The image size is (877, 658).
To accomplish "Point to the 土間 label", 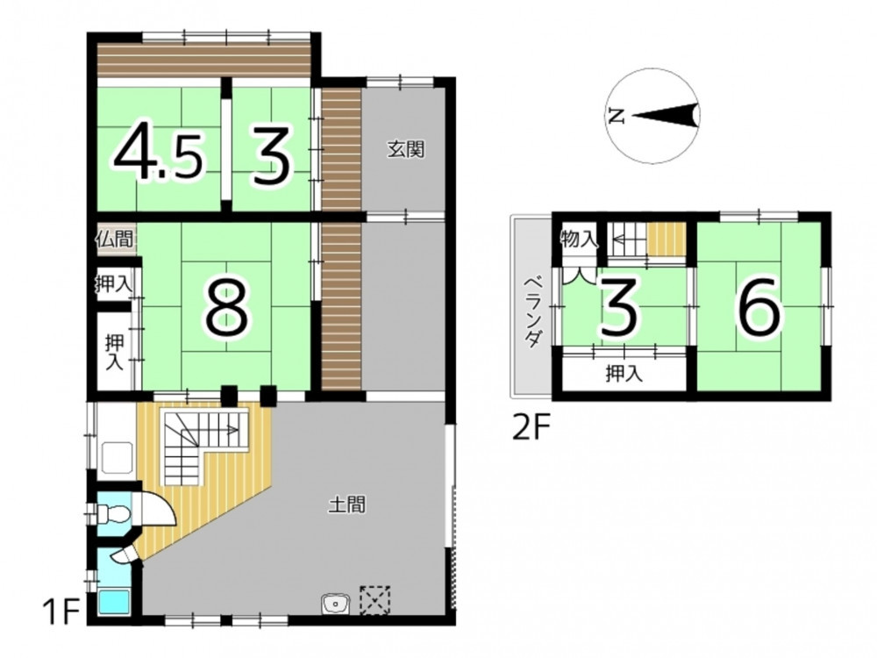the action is pyautogui.click(x=347, y=504).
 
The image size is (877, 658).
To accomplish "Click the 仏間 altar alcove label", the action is pyautogui.click(x=115, y=240).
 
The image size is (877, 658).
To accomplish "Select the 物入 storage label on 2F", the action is pyautogui.click(x=579, y=240).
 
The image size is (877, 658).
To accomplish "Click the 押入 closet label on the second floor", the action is pyautogui.click(x=624, y=374).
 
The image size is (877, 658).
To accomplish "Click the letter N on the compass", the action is pyautogui.click(x=617, y=117).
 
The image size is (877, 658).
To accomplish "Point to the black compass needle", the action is pyautogui.click(x=666, y=117).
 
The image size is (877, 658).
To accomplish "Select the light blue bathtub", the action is pyautogui.click(x=115, y=602).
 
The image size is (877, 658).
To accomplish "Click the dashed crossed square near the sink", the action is pyautogui.click(x=374, y=600).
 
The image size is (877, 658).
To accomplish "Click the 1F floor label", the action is pyautogui.click(x=61, y=612).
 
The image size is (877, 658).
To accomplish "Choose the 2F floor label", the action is pyautogui.click(x=532, y=430).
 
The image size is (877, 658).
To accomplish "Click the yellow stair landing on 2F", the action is pyautogui.click(x=667, y=240).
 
